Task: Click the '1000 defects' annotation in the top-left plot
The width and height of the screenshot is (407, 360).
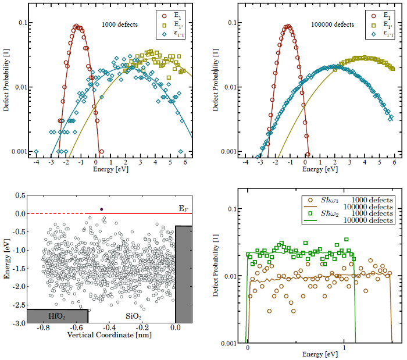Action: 119,24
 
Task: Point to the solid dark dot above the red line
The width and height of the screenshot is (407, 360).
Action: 101,209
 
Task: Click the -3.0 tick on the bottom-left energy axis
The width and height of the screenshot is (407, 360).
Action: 19,322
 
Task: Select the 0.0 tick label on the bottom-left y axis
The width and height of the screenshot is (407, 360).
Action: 20,213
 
